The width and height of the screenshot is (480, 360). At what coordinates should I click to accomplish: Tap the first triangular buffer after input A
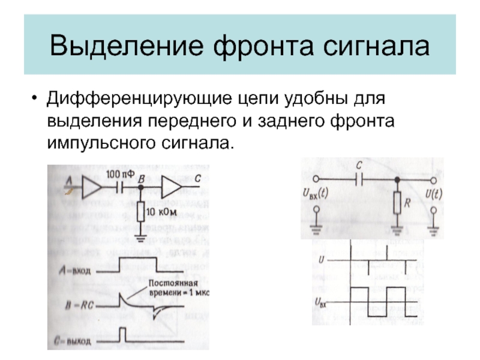91,188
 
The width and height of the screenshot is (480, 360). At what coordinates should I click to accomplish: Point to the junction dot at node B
140,188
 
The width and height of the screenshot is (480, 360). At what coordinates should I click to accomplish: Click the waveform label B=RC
75,304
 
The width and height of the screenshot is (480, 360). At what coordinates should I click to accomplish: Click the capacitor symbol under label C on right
359,179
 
